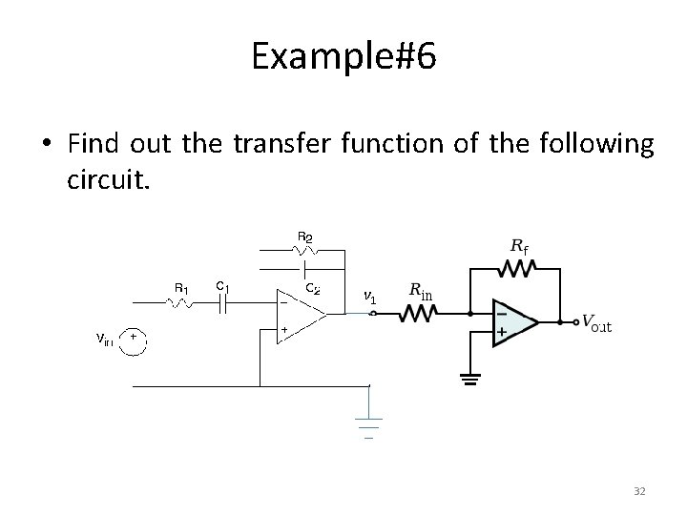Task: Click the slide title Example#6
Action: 343,58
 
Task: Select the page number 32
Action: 639,491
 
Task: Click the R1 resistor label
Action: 181,287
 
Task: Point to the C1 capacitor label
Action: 221,285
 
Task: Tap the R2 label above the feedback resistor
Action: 305,237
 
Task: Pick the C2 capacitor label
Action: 313,287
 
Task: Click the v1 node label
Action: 370,298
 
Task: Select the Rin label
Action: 421,290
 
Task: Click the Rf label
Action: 520,246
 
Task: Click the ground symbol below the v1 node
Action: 368,424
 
